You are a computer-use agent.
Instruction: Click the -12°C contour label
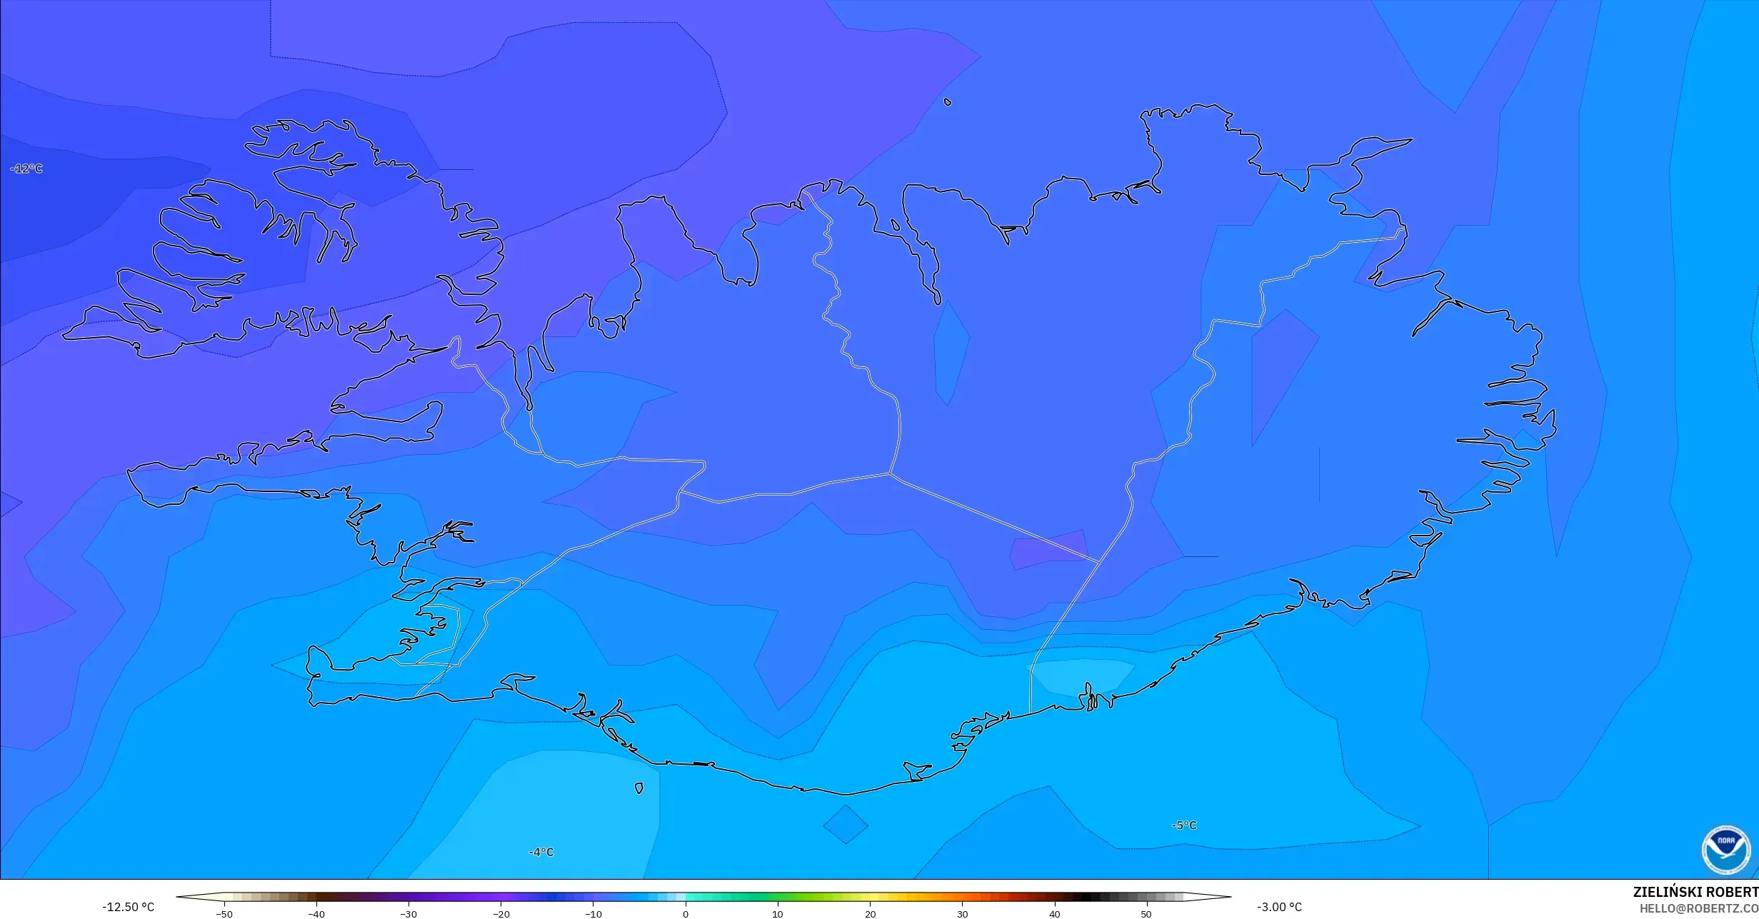(26, 169)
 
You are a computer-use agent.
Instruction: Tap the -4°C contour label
(541, 852)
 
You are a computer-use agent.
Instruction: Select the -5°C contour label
(1183, 825)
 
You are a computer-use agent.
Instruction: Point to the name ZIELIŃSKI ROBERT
(1695, 893)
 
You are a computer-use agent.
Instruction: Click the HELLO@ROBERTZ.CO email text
(1698, 908)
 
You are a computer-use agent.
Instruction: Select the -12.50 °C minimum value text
(128, 907)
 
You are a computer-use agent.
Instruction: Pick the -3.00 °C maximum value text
(1279, 907)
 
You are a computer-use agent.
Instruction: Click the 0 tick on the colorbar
(686, 913)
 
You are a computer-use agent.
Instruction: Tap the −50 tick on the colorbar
(224, 913)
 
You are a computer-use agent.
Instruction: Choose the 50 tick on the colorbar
(1146, 913)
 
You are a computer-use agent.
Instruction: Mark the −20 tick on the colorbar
(501, 913)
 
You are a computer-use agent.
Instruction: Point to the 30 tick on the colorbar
(962, 913)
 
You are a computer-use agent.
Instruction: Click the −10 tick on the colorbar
(593, 913)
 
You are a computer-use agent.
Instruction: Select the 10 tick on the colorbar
(778, 913)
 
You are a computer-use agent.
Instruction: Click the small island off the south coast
(638, 788)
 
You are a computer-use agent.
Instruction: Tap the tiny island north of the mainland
(948, 102)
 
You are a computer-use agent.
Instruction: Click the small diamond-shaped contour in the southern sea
(846, 825)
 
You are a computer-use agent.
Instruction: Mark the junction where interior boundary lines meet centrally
(890, 473)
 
